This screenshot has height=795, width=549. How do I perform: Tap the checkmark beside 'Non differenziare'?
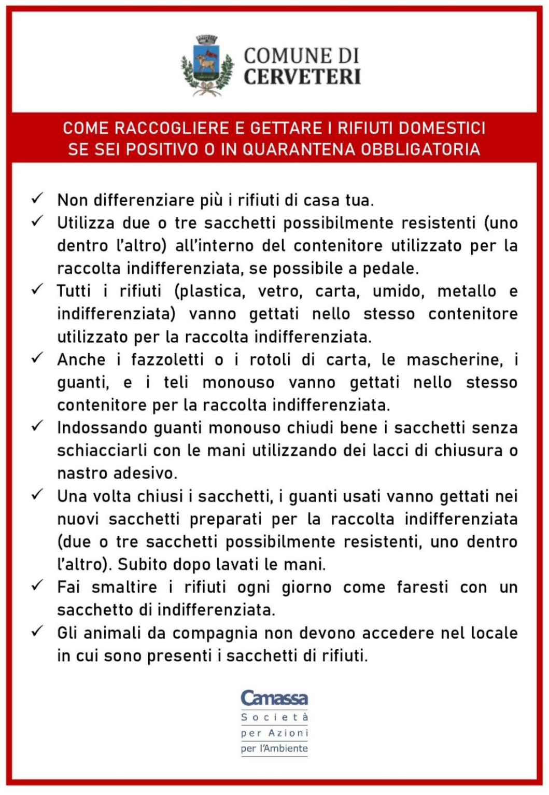37,199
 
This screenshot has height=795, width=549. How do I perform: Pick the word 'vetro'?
280,291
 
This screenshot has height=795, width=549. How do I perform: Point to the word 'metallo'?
467,291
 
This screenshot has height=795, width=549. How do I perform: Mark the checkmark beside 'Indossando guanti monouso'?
37,426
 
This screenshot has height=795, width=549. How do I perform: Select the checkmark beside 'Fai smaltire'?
37,586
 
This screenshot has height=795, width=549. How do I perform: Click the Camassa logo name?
274,698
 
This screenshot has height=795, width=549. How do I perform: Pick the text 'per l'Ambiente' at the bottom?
274,748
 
